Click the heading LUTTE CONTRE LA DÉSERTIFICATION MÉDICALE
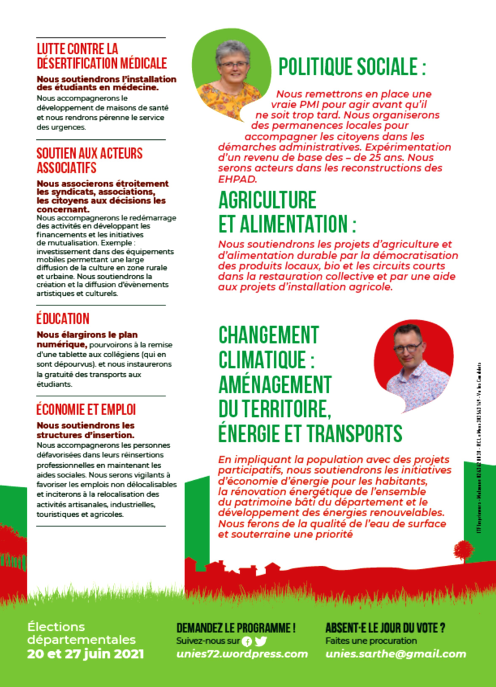click(x=102, y=56)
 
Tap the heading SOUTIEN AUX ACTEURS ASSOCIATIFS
click(x=90, y=160)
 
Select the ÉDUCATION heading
click(x=63, y=319)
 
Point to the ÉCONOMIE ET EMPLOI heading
click(x=86, y=410)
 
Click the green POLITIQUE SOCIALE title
click(x=352, y=67)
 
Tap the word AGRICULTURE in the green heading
click(x=267, y=200)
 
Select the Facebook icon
click(x=247, y=641)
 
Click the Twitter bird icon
click(x=260, y=641)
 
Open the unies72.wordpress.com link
click(x=242, y=653)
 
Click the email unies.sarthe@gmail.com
click(x=396, y=653)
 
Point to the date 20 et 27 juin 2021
click(x=86, y=653)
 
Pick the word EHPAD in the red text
click(x=238, y=179)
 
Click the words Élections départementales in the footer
click(x=82, y=634)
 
